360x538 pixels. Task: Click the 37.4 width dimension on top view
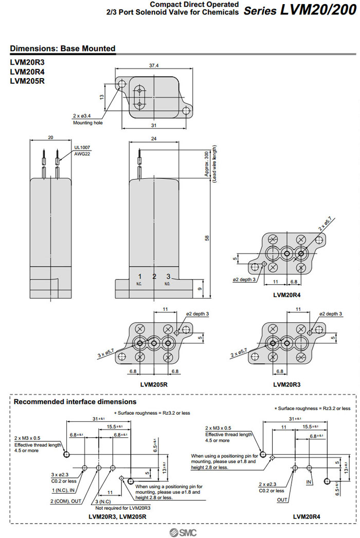click(x=153, y=65)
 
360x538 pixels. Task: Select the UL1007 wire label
click(x=82, y=147)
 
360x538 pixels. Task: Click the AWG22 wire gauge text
click(x=82, y=154)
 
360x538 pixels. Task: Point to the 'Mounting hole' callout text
click(x=87, y=123)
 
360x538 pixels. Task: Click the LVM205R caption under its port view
click(x=154, y=384)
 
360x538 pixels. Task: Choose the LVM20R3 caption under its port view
click(x=286, y=384)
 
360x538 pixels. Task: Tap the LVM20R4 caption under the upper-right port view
click(x=286, y=295)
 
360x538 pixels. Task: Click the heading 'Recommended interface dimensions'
click(x=75, y=402)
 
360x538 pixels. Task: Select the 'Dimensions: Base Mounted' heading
click(x=62, y=49)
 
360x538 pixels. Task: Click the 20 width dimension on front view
click(x=50, y=138)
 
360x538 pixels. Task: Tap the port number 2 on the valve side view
click(x=154, y=277)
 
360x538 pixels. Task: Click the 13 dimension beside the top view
click(x=102, y=97)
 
